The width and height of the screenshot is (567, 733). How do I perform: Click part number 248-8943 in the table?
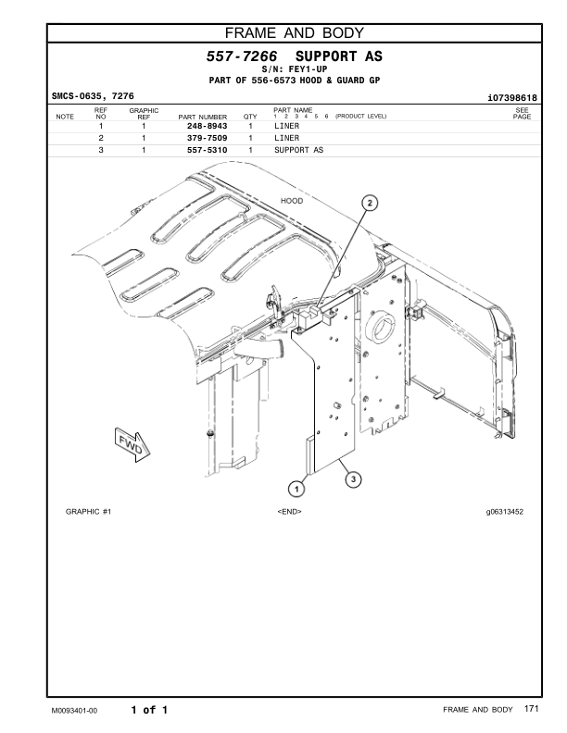coord(208,125)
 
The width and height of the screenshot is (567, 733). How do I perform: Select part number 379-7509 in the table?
coord(208,137)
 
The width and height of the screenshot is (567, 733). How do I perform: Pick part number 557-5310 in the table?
coord(208,149)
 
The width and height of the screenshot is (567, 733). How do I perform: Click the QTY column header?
coord(249,117)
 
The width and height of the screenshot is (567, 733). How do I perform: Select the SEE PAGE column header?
coord(522,114)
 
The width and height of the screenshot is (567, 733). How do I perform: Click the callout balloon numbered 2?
coord(370,204)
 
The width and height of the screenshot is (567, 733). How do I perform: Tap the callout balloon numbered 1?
coord(296,487)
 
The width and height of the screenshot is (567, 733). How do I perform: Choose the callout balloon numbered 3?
coord(352,478)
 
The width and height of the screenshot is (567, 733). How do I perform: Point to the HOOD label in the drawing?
coord(292,201)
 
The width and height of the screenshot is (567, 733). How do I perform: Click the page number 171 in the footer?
coord(531,709)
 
